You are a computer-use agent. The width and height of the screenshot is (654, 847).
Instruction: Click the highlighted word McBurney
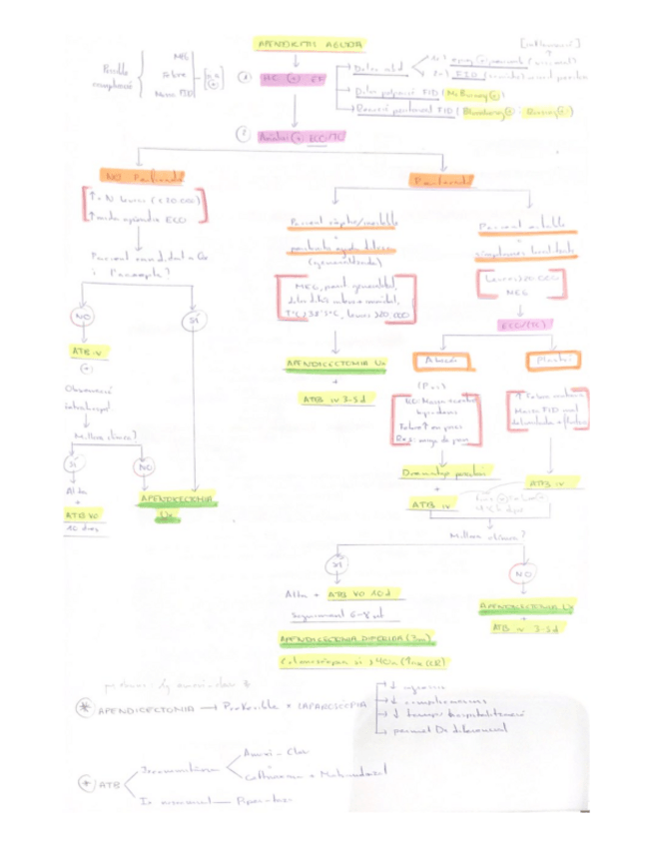click(x=471, y=93)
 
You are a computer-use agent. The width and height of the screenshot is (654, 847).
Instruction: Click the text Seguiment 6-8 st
click(x=325, y=615)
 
